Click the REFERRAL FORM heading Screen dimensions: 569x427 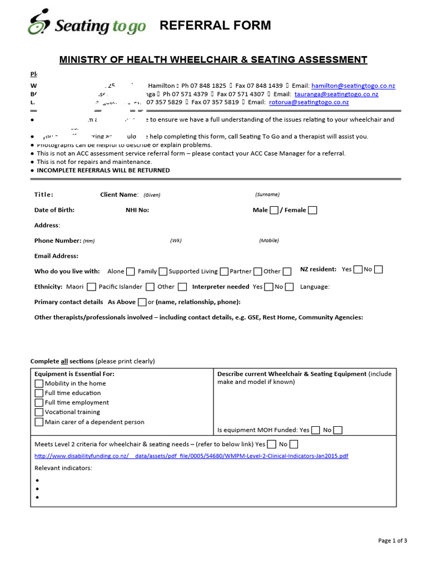[215, 26]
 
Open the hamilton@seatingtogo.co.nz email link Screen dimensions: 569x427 [353, 86]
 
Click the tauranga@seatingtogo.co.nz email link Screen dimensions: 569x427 [336, 94]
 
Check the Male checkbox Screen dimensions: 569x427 [274, 210]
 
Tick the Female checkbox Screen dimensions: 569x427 [312, 210]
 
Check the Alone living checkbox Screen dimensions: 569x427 [130, 272]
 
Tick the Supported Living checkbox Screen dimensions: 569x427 [224, 272]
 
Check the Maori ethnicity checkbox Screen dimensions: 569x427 [91, 287]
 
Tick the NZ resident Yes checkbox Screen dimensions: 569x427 [358, 269]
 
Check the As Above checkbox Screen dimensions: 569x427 [142, 302]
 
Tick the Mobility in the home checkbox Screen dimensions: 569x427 [39, 383]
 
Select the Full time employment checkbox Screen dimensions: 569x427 [39, 402]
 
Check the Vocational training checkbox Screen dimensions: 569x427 [39, 412]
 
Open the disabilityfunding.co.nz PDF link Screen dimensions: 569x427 [191, 456]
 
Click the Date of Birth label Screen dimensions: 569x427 [54, 210]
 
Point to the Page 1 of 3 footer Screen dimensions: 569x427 [393, 541]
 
